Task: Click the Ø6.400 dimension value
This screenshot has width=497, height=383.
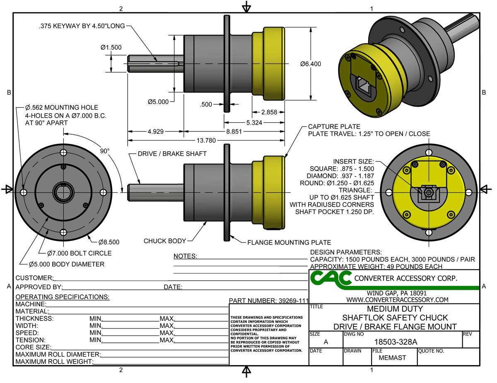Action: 311,64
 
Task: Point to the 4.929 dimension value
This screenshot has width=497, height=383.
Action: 155,132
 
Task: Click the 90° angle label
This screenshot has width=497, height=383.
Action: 105,151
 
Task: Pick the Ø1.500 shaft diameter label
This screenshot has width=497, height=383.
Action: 111,47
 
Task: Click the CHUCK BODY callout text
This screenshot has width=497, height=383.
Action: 165,241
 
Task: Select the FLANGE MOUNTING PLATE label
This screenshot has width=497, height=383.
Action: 290,242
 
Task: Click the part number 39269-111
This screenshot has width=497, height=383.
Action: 269,300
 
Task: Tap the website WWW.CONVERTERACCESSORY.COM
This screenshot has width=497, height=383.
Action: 397,299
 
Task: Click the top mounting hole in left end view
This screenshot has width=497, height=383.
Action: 63,153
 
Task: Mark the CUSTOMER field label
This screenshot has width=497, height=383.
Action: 34,278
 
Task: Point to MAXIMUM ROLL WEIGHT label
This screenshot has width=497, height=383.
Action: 53,362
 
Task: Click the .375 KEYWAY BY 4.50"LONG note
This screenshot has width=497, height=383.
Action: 81,26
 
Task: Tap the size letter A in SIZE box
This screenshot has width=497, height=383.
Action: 326,342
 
